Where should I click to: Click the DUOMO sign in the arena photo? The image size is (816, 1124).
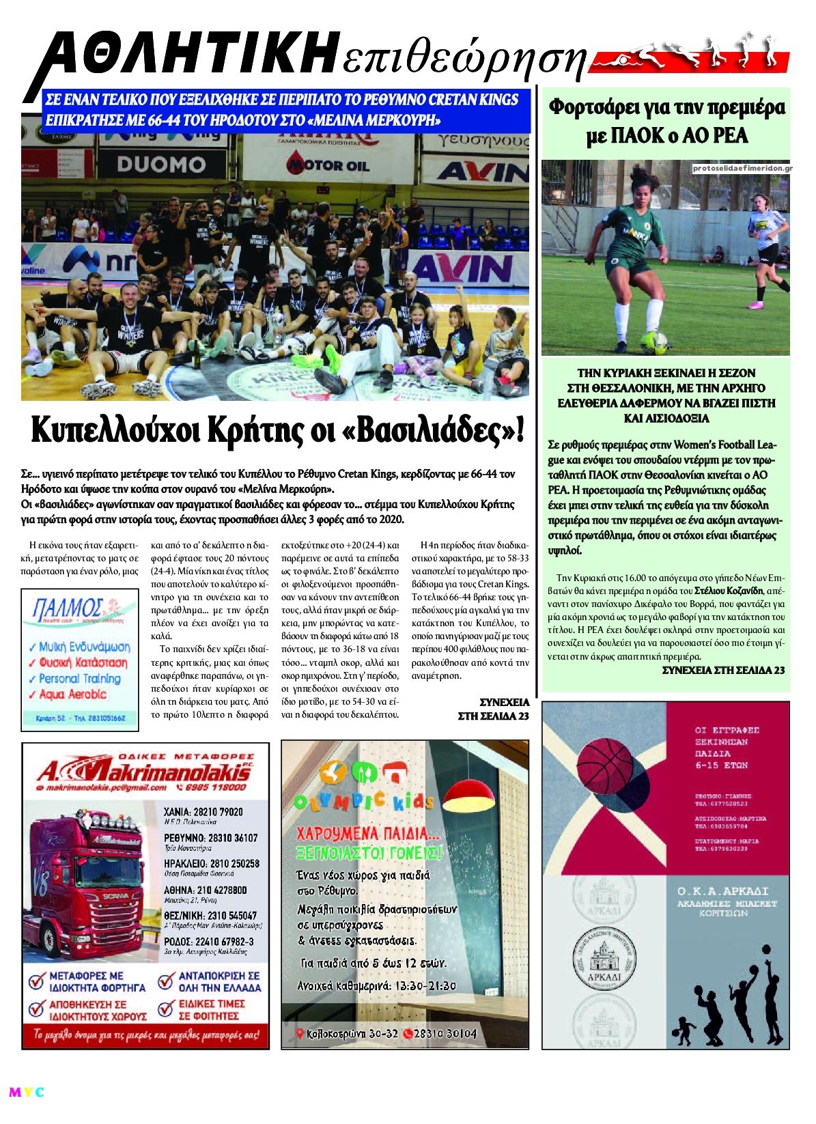(x=161, y=165)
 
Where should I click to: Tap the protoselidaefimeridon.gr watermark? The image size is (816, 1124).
(x=741, y=168)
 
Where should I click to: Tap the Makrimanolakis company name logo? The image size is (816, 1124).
(x=143, y=772)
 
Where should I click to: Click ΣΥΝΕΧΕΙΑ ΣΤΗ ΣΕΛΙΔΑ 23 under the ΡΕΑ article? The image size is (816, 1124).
(x=723, y=670)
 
